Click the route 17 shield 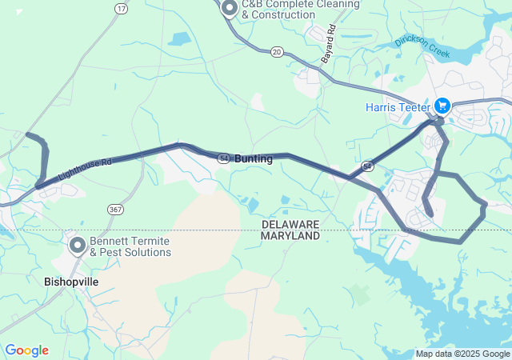[x=121, y=8]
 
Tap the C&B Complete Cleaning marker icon [x=230, y=9]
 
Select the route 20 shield [x=276, y=50]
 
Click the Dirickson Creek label [x=422, y=49]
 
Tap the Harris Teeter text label [x=398, y=106]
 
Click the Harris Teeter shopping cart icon [x=442, y=106]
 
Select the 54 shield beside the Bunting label [x=224, y=158]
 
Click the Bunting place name [x=254, y=159]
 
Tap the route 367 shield [x=115, y=209]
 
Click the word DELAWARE [x=290, y=224]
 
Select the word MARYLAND [x=290, y=236]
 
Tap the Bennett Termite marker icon [x=78, y=246]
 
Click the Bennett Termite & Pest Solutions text [x=130, y=246]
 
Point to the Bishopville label [x=71, y=282]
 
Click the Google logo [x=26, y=350]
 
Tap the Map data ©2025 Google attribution [x=462, y=354]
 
